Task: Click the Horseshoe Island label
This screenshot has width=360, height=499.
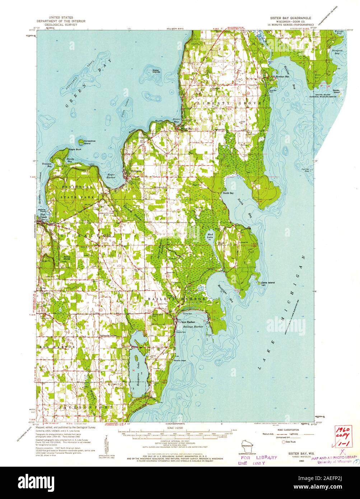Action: (87, 143)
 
